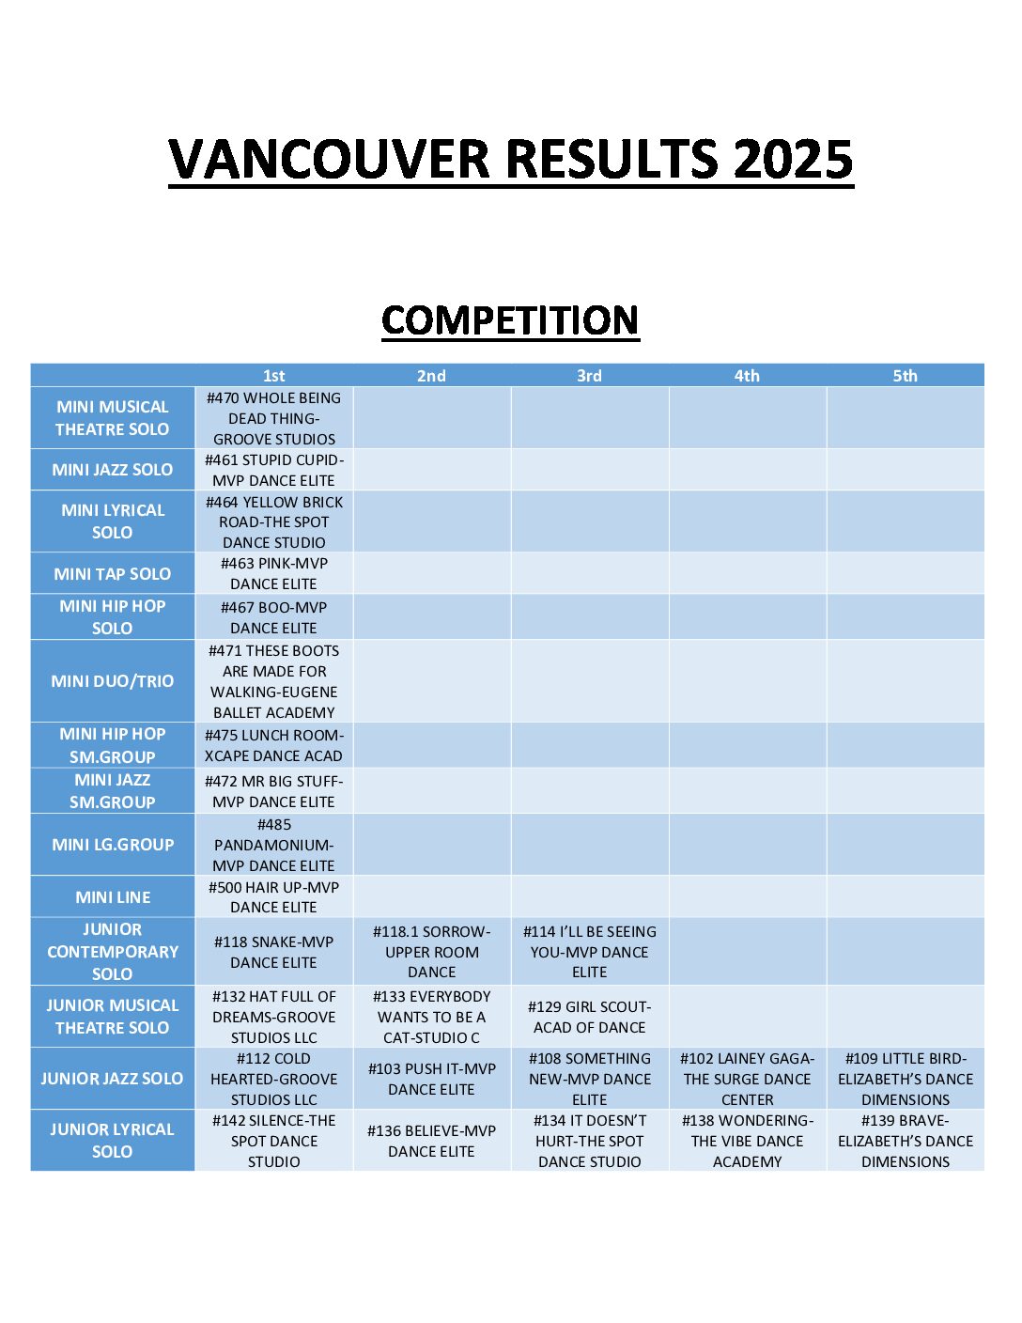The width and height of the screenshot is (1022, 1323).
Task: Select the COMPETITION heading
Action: [x=510, y=320]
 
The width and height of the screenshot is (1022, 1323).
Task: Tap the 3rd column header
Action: [x=589, y=376]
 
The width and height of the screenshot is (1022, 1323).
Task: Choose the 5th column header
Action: [x=905, y=376]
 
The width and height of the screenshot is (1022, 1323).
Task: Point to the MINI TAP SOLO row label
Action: [x=113, y=573]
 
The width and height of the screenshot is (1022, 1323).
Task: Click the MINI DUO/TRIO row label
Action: [x=113, y=681]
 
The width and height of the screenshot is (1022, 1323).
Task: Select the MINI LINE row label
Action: [x=113, y=897]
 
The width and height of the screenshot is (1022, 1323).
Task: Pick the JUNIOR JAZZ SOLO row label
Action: [x=113, y=1079]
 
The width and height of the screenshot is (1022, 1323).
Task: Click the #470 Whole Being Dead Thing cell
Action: [x=274, y=418]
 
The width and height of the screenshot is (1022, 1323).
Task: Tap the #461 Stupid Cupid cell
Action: [x=274, y=470]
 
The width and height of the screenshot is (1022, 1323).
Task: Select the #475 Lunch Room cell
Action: [x=274, y=745]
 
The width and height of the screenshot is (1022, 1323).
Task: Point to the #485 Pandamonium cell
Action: [x=274, y=845]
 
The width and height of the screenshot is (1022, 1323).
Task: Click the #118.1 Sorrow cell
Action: [x=432, y=952]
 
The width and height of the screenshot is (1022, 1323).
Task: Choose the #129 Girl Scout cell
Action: [x=590, y=1017]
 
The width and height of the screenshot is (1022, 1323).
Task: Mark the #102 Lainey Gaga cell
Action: [x=748, y=1079]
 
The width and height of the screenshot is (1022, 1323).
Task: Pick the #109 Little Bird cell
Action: [x=906, y=1079]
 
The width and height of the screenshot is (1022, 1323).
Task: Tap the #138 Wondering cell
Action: [x=748, y=1141]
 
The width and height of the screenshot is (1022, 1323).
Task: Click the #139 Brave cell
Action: [x=906, y=1141]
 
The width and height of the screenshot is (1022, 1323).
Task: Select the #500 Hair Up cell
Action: [x=274, y=897]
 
